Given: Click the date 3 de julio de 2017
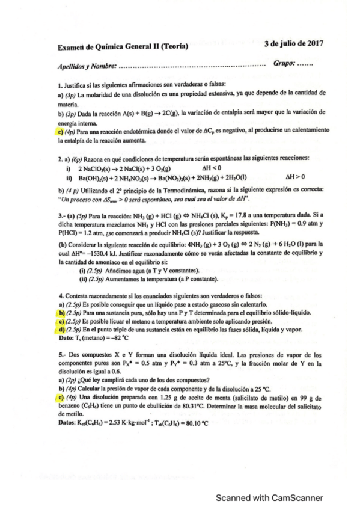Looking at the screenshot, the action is (294, 43).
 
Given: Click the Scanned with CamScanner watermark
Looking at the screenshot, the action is (270, 497).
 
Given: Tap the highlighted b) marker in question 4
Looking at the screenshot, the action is (61, 313).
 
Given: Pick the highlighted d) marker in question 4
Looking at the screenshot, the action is (61, 330).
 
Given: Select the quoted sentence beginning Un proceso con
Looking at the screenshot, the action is (154, 199).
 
